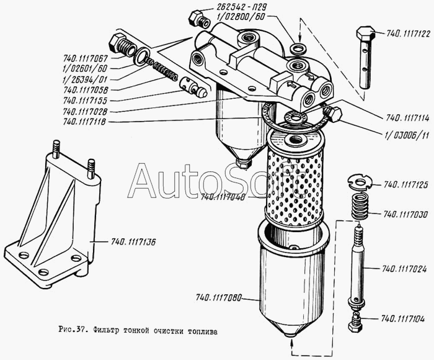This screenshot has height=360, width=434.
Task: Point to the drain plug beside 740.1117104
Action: click(x=355, y=322)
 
